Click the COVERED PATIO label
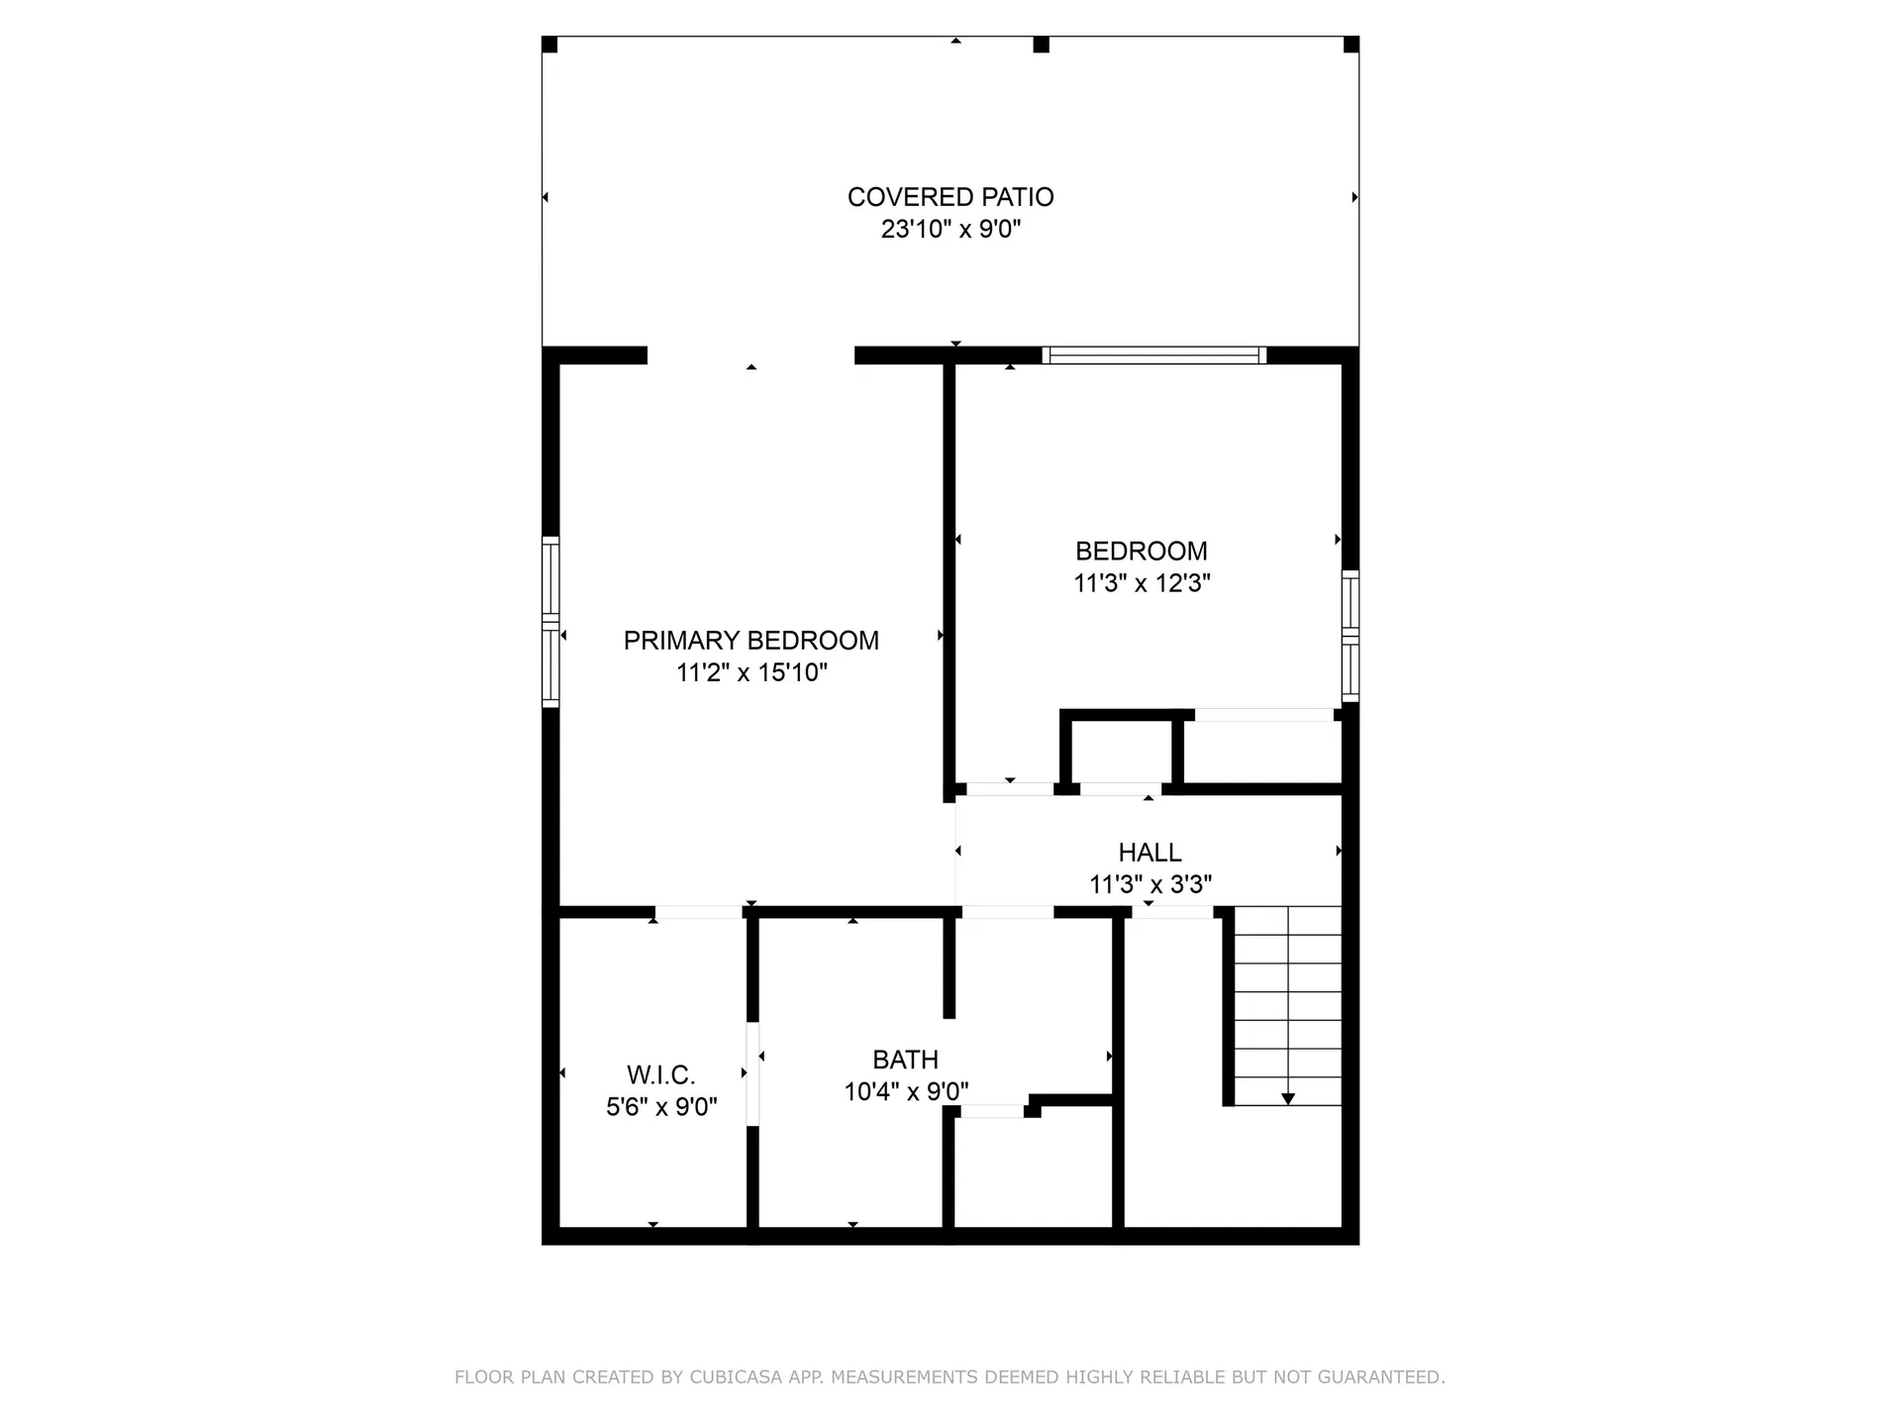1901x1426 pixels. click(x=950, y=197)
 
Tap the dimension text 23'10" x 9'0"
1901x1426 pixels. click(x=950, y=230)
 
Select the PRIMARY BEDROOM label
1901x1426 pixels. click(x=750, y=641)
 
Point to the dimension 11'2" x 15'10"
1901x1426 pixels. click(x=750, y=673)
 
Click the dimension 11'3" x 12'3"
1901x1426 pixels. click(x=1142, y=583)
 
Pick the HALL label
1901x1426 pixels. click(x=1150, y=853)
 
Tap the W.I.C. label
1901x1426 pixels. click(x=660, y=1075)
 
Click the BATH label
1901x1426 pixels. click(x=905, y=1061)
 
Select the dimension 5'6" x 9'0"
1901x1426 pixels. click(x=660, y=1107)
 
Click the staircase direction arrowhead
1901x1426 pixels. click(x=1287, y=1098)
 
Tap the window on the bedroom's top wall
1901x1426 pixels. click(x=1154, y=356)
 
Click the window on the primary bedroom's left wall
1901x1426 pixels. click(x=550, y=622)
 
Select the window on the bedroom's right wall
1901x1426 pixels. click(x=1350, y=636)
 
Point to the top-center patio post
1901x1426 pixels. click(x=1041, y=46)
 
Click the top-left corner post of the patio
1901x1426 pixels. click(x=550, y=46)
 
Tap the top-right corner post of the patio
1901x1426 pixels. click(x=1351, y=46)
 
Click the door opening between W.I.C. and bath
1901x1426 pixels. click(x=752, y=1073)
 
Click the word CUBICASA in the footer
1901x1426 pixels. click(x=736, y=1377)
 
